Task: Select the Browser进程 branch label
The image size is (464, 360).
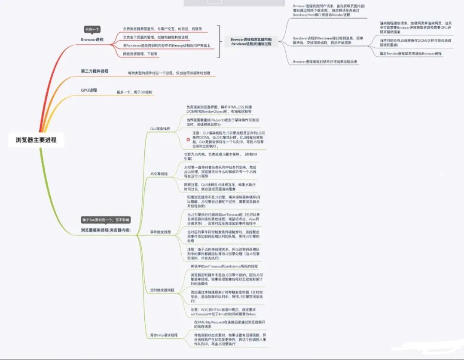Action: [92, 40]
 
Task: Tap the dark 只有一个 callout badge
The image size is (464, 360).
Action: [92, 29]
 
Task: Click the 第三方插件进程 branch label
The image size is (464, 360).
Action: [95, 71]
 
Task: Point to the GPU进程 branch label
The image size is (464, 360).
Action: [89, 90]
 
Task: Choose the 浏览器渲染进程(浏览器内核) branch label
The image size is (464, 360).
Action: [109, 230]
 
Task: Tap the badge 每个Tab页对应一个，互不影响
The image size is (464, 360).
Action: [106, 220]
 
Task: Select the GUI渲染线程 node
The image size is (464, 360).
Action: [160, 128]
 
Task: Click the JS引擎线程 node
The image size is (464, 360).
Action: [159, 174]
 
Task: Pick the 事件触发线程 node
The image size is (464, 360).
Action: [161, 232]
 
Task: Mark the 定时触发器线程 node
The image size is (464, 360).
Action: [162, 290]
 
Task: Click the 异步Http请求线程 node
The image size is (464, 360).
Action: [164, 335]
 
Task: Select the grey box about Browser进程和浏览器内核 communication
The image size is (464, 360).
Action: [251, 41]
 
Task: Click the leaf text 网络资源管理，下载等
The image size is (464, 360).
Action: [140, 54]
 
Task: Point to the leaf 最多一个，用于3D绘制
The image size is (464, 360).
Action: [134, 92]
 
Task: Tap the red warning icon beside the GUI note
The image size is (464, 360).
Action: [188, 139]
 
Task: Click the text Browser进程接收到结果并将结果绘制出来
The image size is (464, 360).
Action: [325, 62]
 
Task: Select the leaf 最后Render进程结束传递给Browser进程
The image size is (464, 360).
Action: [411, 54]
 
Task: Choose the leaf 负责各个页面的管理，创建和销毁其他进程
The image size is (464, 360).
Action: [156, 37]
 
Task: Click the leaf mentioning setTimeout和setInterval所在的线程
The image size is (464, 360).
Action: [224, 266]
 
